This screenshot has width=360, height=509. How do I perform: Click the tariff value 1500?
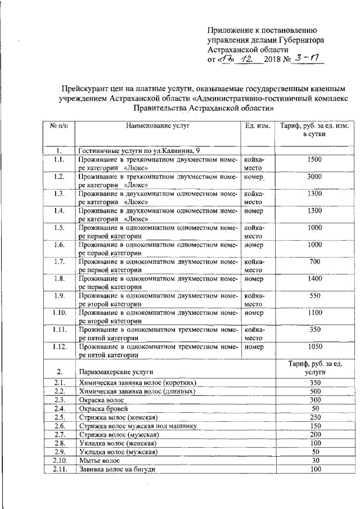pos(315,160)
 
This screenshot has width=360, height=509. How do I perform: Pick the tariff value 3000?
pos(315,177)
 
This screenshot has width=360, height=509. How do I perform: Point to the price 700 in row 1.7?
pos(315,262)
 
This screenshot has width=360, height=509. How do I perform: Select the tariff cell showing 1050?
pos(315,346)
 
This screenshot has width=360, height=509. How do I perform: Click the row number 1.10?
pos(58,313)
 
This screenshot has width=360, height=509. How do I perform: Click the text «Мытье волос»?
pos(99,460)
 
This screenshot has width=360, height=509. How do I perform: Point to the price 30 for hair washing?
pos(315,460)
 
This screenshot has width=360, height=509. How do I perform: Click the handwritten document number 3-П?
pos(306,58)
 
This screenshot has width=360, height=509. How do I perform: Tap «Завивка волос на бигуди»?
pos(117,469)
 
